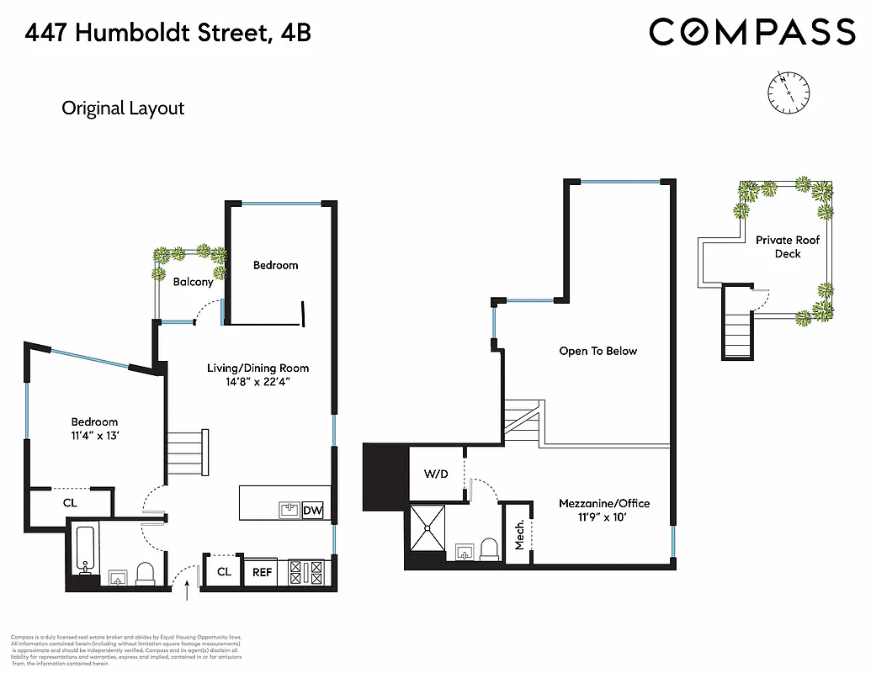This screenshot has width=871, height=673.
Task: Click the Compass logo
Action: (752, 32)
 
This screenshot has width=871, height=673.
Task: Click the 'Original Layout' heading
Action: (123, 109)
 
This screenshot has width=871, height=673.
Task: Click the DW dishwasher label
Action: (312, 510)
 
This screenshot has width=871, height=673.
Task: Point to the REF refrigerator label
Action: (263, 572)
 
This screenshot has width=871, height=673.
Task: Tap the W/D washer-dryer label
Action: (437, 474)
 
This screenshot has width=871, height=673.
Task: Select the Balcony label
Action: (193, 282)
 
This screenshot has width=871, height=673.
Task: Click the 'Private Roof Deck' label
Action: (787, 246)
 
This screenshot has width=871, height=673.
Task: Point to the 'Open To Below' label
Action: (598, 351)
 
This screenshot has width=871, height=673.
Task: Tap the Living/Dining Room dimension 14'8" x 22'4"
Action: (258, 382)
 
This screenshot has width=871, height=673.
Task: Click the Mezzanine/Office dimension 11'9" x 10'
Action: (604, 518)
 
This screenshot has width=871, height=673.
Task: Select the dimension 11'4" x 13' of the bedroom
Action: (94, 436)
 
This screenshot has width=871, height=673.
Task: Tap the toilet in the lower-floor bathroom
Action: (146, 574)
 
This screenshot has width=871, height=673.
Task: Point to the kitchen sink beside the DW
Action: (289, 510)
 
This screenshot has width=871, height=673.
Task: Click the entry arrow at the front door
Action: (187, 592)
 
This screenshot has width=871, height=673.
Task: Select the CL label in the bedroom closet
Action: (71, 503)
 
